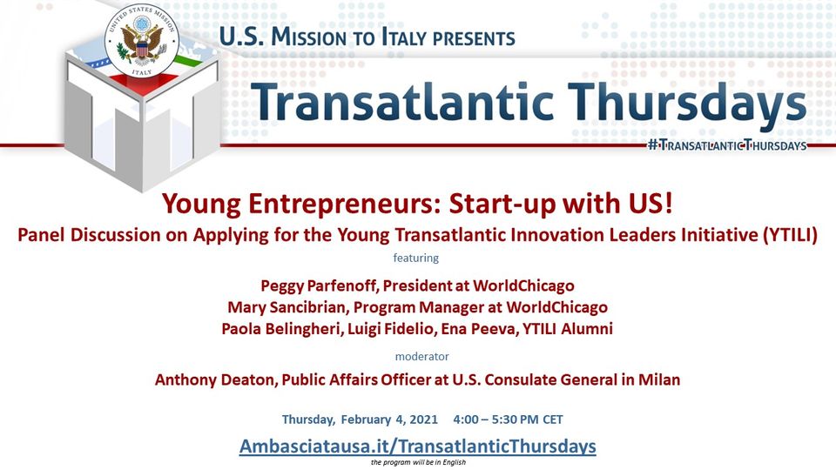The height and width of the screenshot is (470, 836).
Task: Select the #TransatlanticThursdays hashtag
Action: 727,145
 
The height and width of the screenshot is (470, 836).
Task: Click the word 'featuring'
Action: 416,258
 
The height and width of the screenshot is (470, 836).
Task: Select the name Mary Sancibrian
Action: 287,307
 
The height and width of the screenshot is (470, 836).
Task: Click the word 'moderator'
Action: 421,356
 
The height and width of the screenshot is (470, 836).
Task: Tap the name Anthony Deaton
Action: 215,380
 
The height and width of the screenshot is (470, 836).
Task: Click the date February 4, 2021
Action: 389,420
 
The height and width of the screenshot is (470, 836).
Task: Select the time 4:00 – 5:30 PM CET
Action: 508,420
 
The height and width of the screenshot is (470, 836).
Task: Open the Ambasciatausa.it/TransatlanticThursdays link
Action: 417,446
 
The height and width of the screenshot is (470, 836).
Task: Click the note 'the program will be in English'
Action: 418,462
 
